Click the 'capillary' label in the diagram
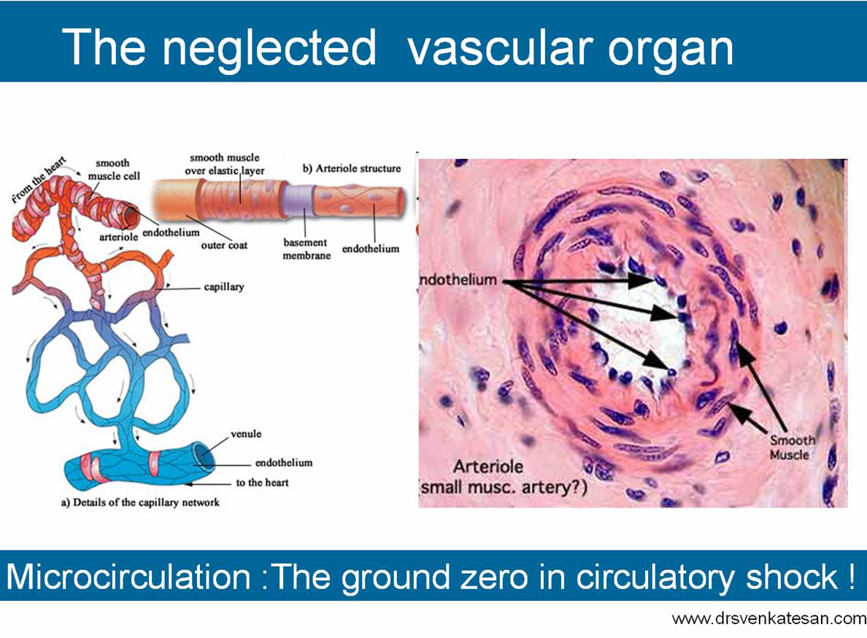coord(224,287)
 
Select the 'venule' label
coord(246,434)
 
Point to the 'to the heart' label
coord(262,482)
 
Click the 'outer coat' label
coord(224,246)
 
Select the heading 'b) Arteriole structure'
coord(352,168)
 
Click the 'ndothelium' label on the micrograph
coord(459,280)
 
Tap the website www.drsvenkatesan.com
coord(768,619)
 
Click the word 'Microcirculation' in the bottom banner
coord(128,577)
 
